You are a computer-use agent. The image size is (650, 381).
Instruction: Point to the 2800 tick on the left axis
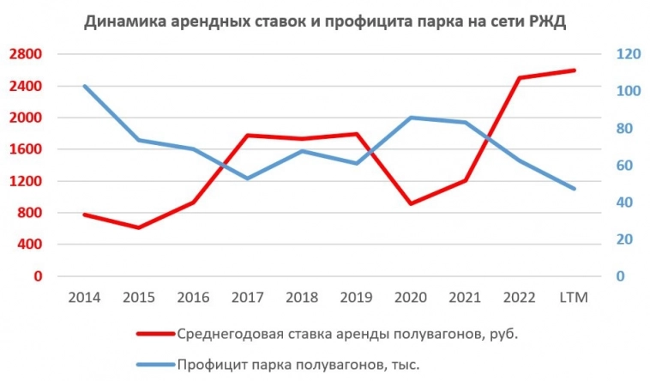25,54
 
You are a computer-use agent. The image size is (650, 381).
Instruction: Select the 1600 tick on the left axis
25,149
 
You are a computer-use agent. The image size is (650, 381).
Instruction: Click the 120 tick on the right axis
629,54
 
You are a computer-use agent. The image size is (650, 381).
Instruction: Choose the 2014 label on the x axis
84,297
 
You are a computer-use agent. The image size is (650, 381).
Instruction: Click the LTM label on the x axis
573,297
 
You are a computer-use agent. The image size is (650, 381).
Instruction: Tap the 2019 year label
356,297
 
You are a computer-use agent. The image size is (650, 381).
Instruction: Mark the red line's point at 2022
519,78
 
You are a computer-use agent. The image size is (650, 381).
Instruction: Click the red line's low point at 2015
138,227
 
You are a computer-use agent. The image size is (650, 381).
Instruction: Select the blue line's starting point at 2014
84,86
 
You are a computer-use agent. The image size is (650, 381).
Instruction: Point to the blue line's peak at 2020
411,118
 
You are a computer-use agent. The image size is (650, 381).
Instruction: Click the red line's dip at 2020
411,203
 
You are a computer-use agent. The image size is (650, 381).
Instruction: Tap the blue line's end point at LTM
573,189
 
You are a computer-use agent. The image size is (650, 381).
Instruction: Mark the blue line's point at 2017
247,178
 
